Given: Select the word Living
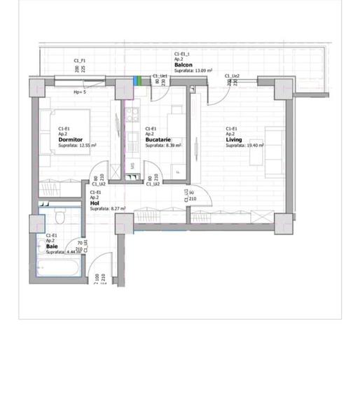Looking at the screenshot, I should [233, 140].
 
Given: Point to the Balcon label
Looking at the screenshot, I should [184, 65].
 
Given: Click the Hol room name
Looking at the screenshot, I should [94, 203].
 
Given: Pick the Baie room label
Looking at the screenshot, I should [52, 246].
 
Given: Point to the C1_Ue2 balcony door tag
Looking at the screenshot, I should [232, 76].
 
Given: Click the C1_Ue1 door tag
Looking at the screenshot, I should [159, 76].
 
